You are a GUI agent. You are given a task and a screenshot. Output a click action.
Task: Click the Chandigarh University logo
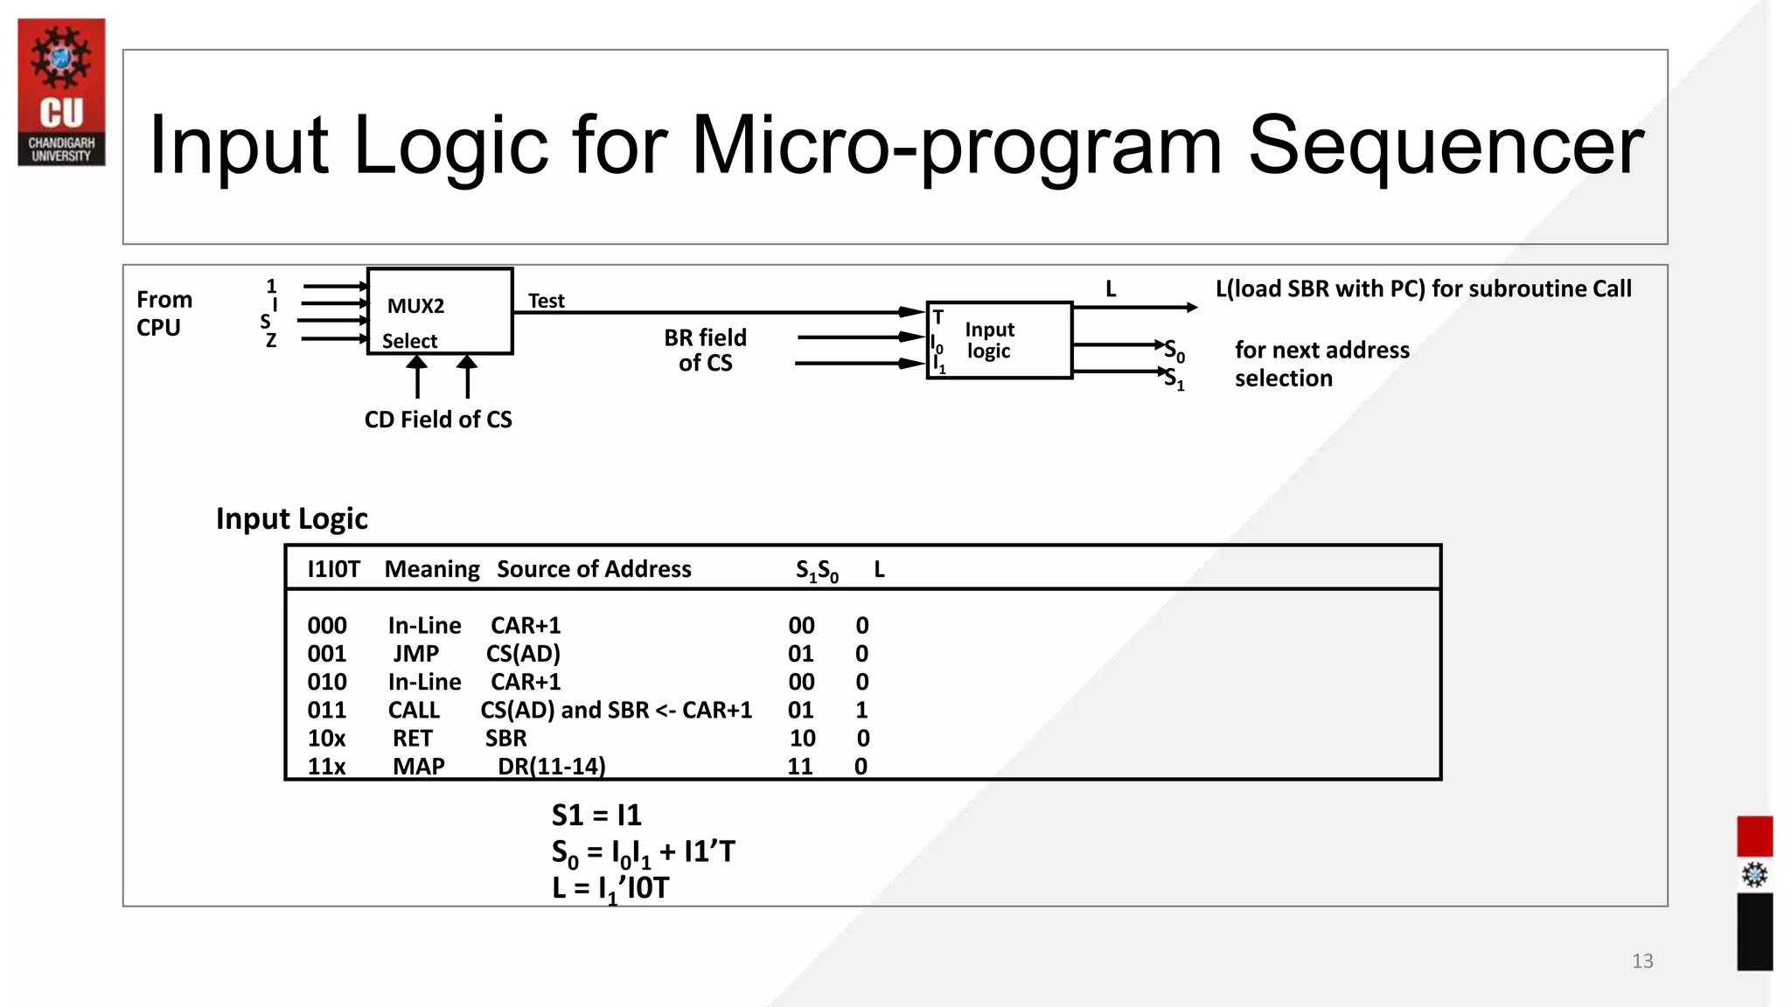coord(61,92)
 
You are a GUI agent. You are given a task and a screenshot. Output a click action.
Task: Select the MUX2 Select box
coord(439,311)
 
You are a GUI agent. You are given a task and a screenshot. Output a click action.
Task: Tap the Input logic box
coord(999,340)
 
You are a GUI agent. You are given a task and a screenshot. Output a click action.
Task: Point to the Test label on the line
coord(546,301)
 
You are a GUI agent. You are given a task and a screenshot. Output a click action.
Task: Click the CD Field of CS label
coord(438,420)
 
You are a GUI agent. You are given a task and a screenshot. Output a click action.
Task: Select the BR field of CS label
coord(705,350)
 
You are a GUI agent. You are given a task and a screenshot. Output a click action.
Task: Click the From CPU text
coord(164,313)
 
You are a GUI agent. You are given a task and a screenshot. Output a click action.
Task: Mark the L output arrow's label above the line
coord(1111,289)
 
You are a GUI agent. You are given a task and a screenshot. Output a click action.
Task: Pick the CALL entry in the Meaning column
coord(414,710)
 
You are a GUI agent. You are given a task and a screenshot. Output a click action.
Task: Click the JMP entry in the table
coord(415,654)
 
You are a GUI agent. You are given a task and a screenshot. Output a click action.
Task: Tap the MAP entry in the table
coord(418,767)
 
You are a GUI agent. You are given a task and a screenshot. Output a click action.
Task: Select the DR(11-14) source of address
coord(551,767)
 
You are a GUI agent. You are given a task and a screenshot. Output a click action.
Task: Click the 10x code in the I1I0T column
coord(326,739)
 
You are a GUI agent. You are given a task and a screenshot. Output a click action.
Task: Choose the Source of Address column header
coord(594,569)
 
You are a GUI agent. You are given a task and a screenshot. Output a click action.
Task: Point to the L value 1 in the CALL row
coord(861,710)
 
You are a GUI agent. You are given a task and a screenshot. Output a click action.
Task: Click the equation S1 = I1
coord(596,815)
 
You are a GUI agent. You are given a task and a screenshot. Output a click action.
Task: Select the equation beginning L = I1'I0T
coord(610,888)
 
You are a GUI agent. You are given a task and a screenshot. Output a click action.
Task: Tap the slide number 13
coord(1641,961)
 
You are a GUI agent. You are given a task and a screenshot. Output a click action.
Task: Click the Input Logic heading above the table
coord(291,518)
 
